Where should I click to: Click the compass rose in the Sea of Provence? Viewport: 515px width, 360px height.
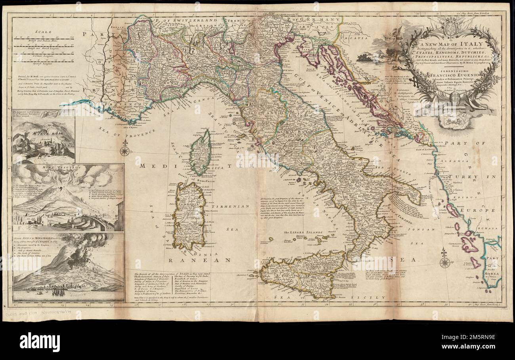click(125, 150)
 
